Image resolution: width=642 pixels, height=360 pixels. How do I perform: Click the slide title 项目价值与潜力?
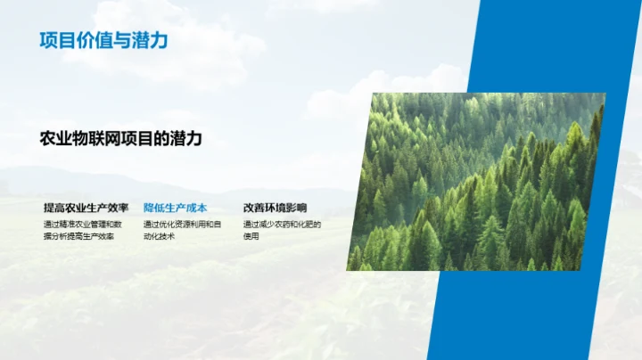(103, 40)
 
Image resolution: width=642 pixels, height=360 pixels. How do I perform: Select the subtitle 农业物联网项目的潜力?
(121, 139)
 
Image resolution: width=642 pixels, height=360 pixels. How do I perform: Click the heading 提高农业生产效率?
(86, 208)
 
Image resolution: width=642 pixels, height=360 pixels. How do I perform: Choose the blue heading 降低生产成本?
(175, 208)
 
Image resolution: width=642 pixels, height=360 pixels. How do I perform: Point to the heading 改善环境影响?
(275, 208)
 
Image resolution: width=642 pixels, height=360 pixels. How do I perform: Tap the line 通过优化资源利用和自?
(182, 224)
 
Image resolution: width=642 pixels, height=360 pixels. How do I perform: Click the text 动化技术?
(159, 236)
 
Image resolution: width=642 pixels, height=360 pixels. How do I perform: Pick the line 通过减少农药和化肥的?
(282, 224)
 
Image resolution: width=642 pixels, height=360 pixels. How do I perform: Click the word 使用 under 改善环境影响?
(251, 236)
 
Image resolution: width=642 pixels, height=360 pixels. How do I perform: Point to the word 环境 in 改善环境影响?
(275, 208)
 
